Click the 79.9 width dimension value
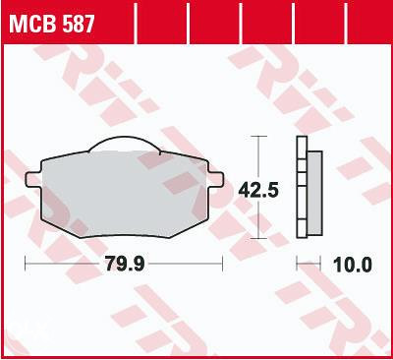pyautogui.click(x=123, y=265)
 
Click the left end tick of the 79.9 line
pyautogui.click(x=26, y=265)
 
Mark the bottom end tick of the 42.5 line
pyautogui.click(x=258, y=238)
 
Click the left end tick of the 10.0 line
pyautogui.click(x=298, y=265)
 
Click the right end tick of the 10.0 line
pyautogui.click(x=321, y=265)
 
